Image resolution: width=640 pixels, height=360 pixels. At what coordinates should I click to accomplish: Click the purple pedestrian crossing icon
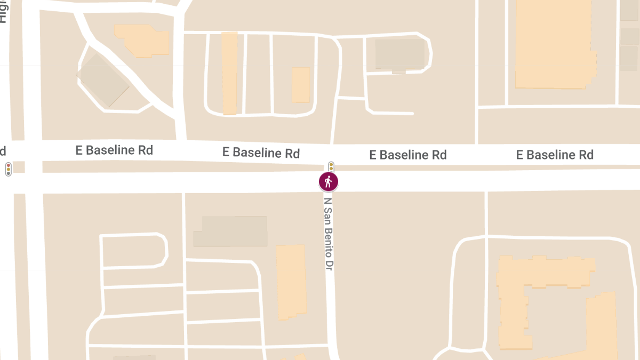point(329,182)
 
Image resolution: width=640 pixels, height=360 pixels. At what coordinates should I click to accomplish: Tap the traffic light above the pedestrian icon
point(331,166)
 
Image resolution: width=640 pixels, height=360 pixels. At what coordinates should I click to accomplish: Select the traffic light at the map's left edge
point(8,170)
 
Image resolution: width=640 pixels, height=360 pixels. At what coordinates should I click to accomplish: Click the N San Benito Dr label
point(329,233)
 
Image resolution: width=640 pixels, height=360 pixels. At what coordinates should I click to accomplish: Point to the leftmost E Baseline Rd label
point(114,150)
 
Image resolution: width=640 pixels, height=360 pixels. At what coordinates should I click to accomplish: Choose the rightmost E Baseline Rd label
point(555,155)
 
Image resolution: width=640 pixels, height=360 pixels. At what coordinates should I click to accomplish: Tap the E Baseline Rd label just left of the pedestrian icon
point(261,153)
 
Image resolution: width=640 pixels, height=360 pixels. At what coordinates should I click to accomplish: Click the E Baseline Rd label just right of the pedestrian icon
point(408,155)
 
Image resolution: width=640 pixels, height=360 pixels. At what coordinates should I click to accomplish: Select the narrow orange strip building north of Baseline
point(229,73)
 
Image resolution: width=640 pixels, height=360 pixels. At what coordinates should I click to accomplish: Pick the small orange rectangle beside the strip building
point(301,84)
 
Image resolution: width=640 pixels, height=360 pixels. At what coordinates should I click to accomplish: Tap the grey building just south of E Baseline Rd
point(230,231)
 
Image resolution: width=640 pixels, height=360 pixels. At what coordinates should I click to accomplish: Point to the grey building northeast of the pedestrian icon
point(399,54)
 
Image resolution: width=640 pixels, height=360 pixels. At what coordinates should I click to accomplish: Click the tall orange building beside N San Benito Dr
point(292,282)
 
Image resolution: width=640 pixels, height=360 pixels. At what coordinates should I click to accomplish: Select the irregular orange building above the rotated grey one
point(143,39)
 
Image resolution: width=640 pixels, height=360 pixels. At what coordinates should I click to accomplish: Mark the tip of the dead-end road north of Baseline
point(412,114)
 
